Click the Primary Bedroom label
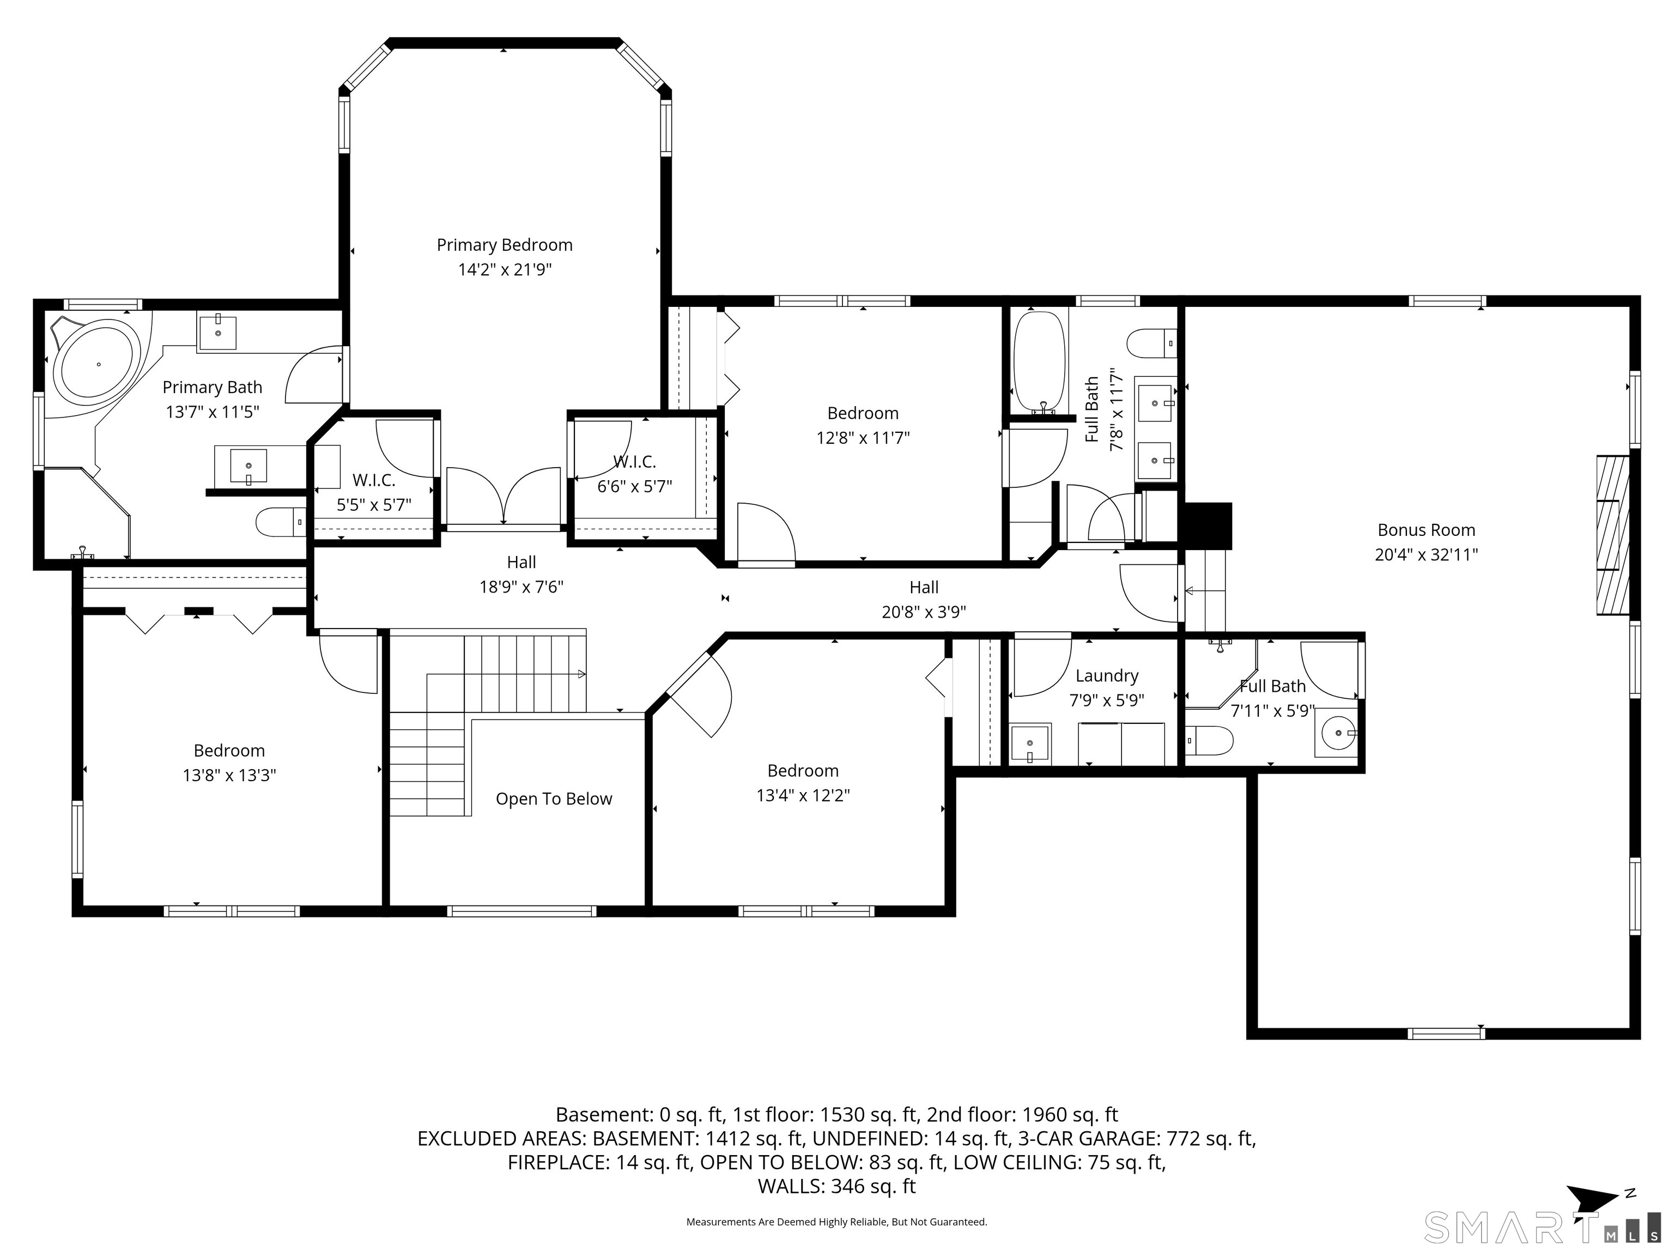(x=504, y=245)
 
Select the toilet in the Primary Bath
(x=280, y=522)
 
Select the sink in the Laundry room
(x=1030, y=742)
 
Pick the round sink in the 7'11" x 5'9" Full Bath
(x=1338, y=733)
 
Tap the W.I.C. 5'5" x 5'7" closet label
(x=374, y=493)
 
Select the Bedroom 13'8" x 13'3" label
(x=229, y=763)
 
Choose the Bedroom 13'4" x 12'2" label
(x=803, y=783)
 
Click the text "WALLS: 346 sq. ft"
(x=837, y=1186)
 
